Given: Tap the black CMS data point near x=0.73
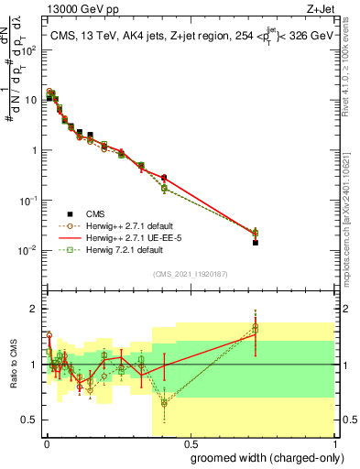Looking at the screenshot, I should pos(256,242).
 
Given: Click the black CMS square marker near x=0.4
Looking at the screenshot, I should pos(164,177).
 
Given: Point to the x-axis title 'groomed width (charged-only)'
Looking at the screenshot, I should pos(262,457).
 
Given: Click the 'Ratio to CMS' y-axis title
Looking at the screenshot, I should pos(12,364).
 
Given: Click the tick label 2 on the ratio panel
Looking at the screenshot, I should pos(35,308).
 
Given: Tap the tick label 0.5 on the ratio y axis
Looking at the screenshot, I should pos(31,421).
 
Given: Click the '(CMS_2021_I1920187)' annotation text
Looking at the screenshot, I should pos(190,273).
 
